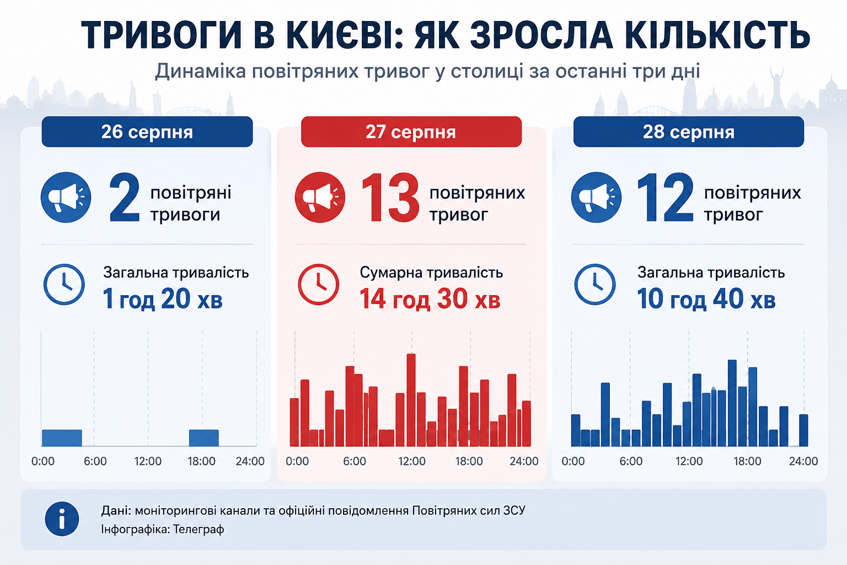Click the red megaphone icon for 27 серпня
[320, 197]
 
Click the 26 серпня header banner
[147, 132]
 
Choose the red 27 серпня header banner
[411, 132]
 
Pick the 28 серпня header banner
[689, 132]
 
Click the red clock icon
[318, 284]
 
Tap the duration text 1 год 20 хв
[163, 299]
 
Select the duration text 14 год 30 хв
[430, 299]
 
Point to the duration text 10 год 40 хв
[706, 299]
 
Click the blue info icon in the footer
[62, 519]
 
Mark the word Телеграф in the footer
[199, 529]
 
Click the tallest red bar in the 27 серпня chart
[411, 400]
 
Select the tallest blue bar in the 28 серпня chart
[732, 403]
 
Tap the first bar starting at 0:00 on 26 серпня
[62, 438]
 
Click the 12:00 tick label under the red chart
[412, 461]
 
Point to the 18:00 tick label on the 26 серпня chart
[201, 461]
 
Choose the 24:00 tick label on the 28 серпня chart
[803, 461]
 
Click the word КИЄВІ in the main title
[339, 35]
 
